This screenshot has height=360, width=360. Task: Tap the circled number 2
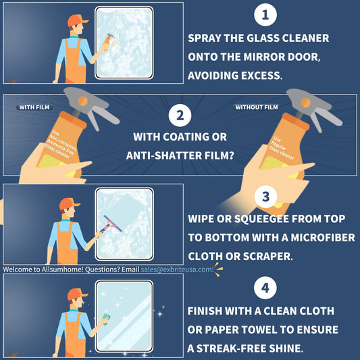tap(180, 115)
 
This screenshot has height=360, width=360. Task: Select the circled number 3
tap(265, 197)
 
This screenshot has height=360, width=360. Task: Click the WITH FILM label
tap(34, 107)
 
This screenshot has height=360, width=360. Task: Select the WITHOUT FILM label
tap(256, 107)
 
